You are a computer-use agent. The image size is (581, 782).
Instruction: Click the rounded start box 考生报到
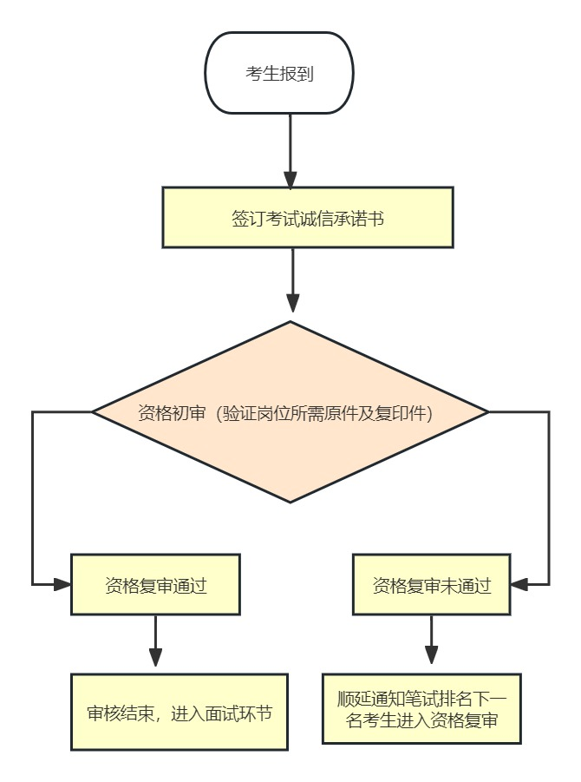[x=279, y=73]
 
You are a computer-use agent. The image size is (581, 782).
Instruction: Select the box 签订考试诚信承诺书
[x=308, y=217]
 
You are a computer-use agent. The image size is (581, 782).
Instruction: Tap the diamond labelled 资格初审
[x=290, y=411]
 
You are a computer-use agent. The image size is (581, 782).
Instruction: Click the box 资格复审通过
[x=155, y=584]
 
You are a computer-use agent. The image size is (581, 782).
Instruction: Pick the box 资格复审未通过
[x=431, y=584]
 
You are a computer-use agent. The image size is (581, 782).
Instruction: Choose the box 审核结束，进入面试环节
[x=180, y=712]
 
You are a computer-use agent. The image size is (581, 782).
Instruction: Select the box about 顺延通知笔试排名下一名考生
[x=421, y=708]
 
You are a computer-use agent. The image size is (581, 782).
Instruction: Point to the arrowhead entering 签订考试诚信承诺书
[x=290, y=178]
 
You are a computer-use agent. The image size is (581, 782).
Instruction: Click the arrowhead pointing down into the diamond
[x=293, y=303]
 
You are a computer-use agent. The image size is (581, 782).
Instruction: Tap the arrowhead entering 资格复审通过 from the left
[x=62, y=584]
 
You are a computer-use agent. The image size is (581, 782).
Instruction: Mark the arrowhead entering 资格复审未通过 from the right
[x=519, y=584]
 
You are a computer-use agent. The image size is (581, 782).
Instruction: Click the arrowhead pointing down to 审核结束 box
[x=155, y=657]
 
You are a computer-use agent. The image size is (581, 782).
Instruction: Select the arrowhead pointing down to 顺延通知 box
[x=431, y=655]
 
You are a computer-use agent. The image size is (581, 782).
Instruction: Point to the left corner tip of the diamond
[x=94, y=411]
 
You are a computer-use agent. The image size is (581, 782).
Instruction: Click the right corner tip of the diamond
[x=488, y=411]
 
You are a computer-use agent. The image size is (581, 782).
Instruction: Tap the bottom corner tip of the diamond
[x=290, y=502]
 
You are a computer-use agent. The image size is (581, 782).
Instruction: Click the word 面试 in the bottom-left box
[x=222, y=713]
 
